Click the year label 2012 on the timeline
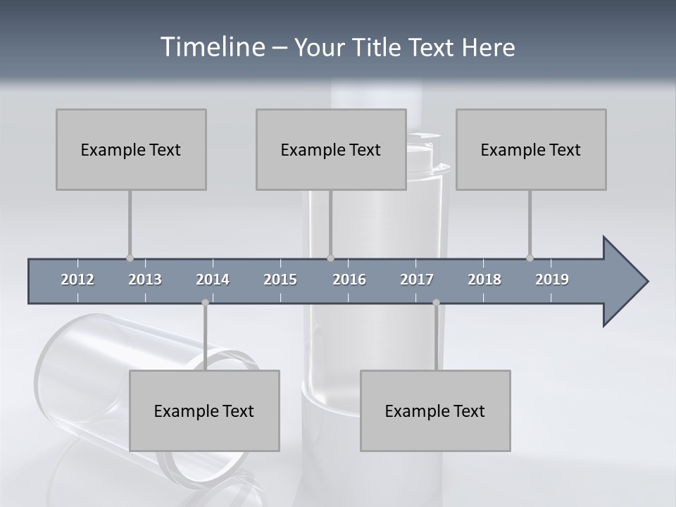[77, 280]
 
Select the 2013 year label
[145, 280]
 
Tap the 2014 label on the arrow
[213, 280]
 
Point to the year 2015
[280, 280]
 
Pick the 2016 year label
[349, 280]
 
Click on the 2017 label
[417, 280]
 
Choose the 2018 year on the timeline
[484, 280]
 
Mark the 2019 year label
[552, 280]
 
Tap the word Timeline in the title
[211, 47]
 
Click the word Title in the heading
[379, 48]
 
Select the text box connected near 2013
[131, 149]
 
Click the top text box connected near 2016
[331, 149]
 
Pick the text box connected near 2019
[531, 149]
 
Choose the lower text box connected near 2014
[204, 411]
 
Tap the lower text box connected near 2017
[435, 411]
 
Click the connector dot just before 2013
[130, 258]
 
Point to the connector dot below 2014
[205, 303]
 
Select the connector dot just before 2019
[530, 258]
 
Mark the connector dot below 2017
[436, 303]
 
